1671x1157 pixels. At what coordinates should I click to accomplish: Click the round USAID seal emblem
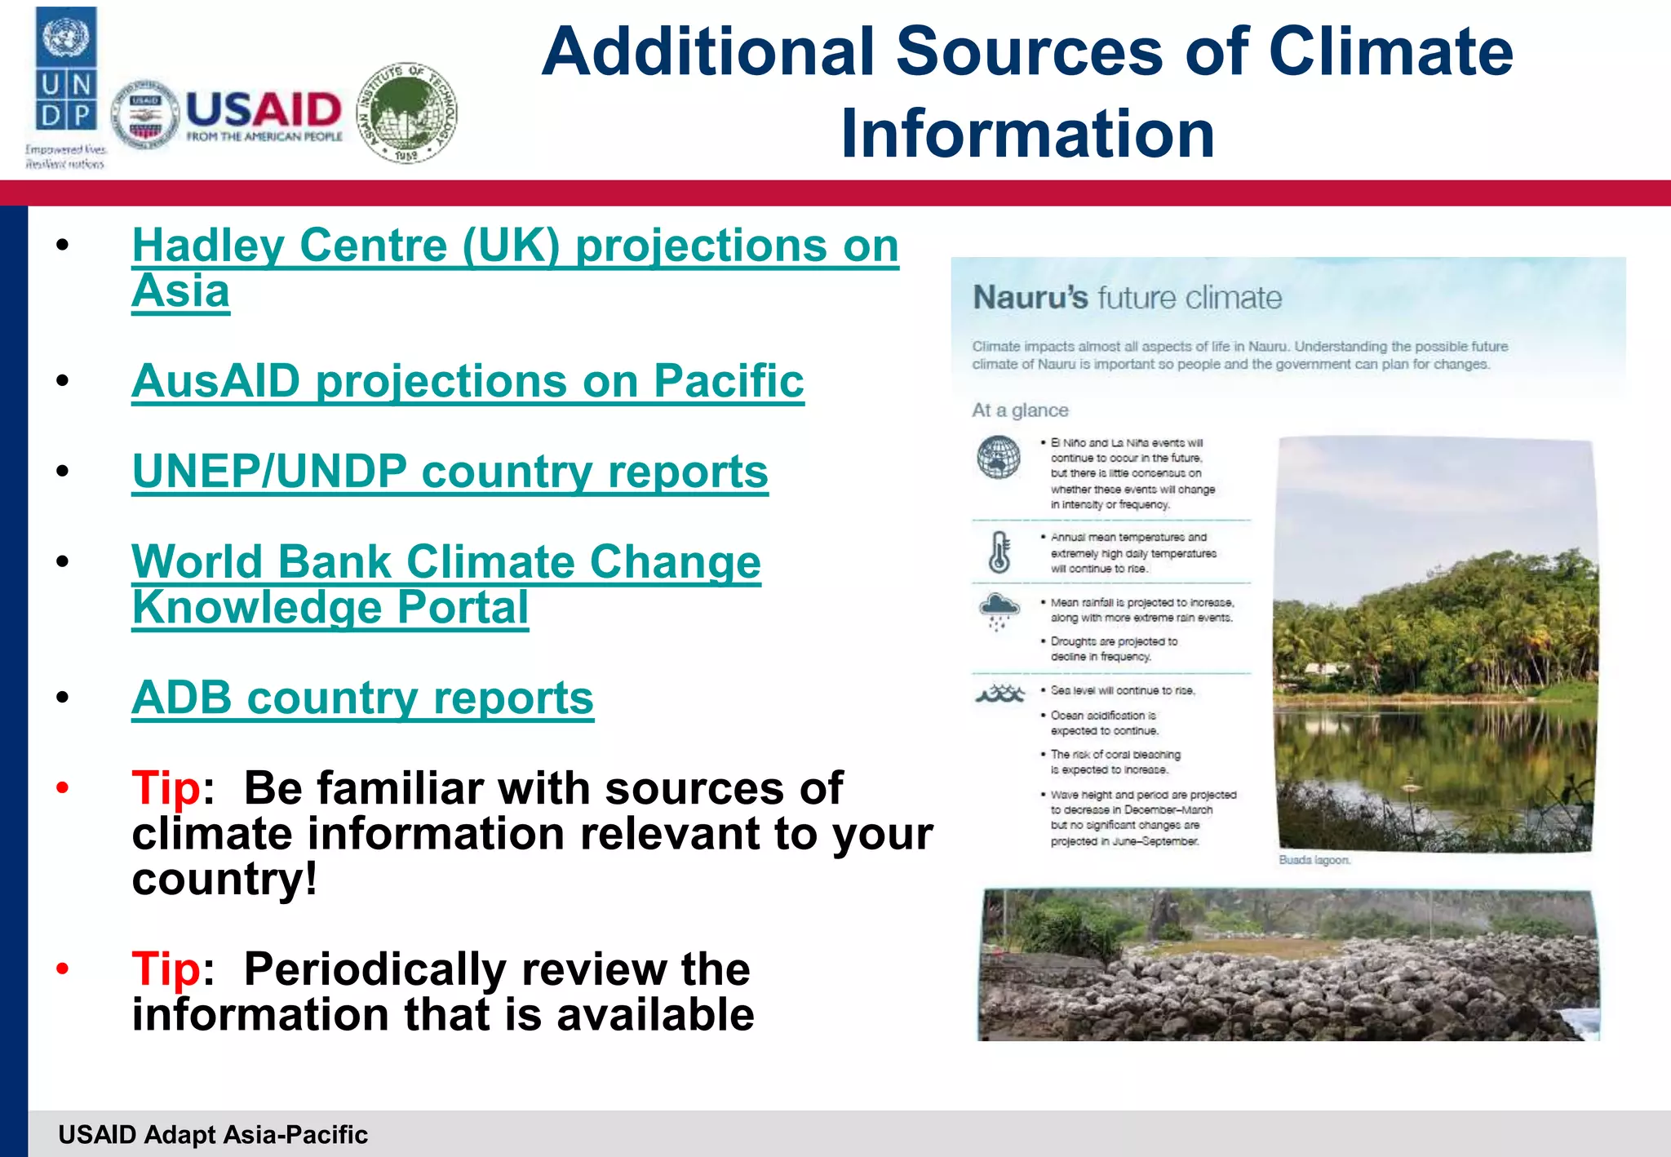(x=145, y=115)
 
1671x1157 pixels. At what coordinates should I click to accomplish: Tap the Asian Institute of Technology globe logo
(x=407, y=113)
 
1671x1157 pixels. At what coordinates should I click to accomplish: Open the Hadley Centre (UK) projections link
(x=514, y=246)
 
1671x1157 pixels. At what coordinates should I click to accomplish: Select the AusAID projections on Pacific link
(x=468, y=381)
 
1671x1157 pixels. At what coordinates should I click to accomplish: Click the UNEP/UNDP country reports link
(x=450, y=472)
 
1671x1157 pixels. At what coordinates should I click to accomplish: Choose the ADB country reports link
(x=362, y=698)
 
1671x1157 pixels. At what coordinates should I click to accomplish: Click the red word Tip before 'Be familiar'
(x=166, y=788)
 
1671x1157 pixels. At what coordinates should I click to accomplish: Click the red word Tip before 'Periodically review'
(x=166, y=969)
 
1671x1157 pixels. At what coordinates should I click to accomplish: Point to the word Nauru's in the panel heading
(x=1030, y=298)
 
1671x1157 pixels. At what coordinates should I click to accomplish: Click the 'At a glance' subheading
(x=1019, y=410)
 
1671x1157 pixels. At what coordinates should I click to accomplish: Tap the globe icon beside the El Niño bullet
(x=999, y=458)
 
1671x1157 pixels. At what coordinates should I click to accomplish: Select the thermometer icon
(x=999, y=553)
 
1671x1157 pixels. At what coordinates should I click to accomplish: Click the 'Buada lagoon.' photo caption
(x=1314, y=860)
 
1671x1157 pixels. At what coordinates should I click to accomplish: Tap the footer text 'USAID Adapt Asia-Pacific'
(x=213, y=1134)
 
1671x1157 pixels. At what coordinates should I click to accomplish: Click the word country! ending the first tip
(x=224, y=880)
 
